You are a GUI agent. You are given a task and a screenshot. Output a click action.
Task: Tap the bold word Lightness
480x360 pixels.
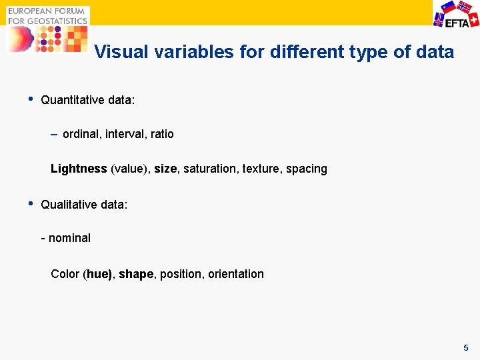79,169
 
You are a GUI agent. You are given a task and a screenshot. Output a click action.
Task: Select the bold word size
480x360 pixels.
165,169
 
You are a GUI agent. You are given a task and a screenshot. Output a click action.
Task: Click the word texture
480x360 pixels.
261,169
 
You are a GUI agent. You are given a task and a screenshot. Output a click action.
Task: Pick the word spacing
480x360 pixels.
307,169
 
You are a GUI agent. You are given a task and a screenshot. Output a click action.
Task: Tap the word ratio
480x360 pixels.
162,134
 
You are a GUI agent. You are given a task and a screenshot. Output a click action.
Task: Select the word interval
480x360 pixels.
126,134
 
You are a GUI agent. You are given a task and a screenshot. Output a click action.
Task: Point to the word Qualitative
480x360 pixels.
68,205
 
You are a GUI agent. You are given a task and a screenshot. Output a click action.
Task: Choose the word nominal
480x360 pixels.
69,238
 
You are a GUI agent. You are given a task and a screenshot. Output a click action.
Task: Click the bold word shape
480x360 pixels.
136,274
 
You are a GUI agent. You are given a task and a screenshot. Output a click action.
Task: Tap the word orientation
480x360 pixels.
236,274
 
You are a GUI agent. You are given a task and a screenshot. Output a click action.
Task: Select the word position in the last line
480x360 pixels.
182,274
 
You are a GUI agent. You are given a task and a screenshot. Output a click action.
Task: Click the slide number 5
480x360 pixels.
466,348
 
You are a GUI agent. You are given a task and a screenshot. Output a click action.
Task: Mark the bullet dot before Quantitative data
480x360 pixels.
30,99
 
